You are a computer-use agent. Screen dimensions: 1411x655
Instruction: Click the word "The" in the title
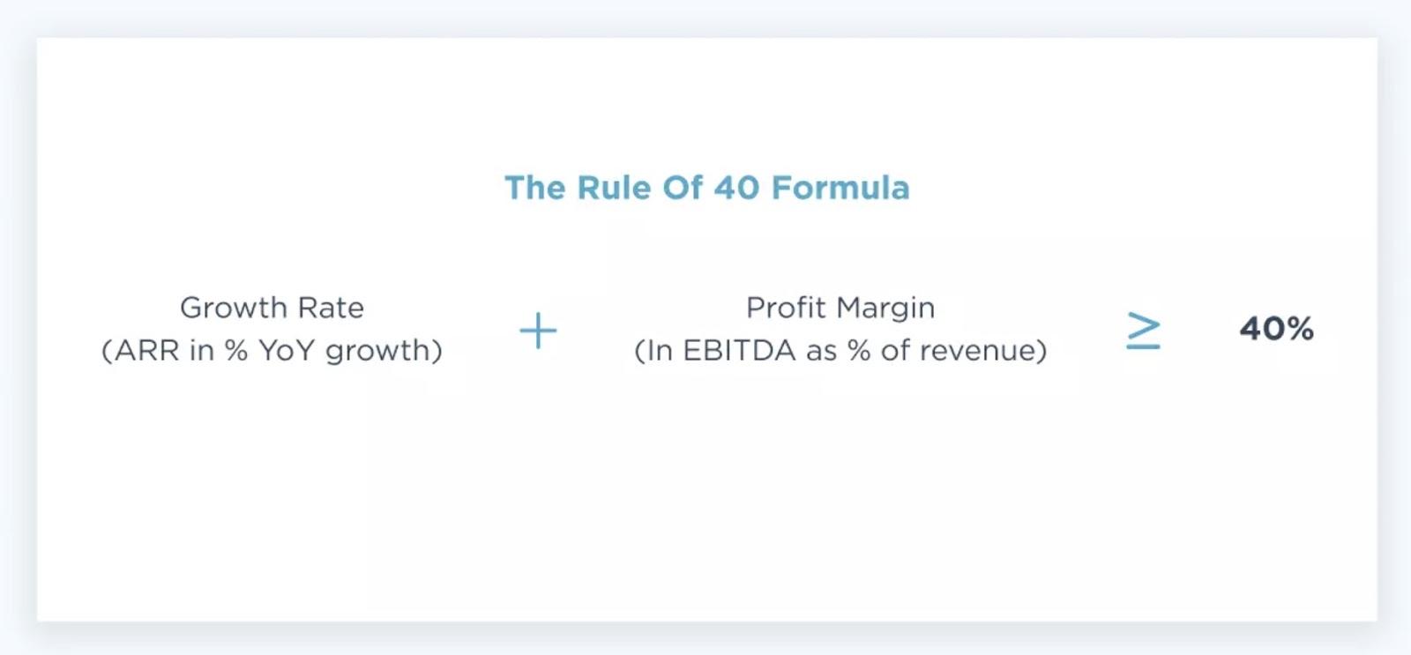(534, 188)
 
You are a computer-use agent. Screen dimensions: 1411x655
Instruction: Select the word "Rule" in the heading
(614, 188)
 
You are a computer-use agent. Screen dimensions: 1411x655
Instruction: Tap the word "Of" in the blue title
(683, 188)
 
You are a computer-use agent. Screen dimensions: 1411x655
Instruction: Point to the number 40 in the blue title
(736, 188)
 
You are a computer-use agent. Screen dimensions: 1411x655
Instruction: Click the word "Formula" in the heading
(840, 188)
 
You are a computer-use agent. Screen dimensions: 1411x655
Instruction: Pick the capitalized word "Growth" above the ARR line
(233, 308)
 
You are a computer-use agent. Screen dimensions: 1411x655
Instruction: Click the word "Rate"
(331, 308)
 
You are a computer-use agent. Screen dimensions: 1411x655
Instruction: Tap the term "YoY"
(286, 350)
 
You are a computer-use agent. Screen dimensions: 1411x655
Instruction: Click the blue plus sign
(538, 330)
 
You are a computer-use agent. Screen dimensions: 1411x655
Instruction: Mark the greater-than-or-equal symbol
(1143, 330)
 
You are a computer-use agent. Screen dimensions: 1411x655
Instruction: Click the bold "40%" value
(1276, 329)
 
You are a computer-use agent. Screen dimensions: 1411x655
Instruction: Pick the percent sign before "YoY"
(235, 350)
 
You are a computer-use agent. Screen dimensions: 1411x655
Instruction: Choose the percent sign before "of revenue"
(859, 350)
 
